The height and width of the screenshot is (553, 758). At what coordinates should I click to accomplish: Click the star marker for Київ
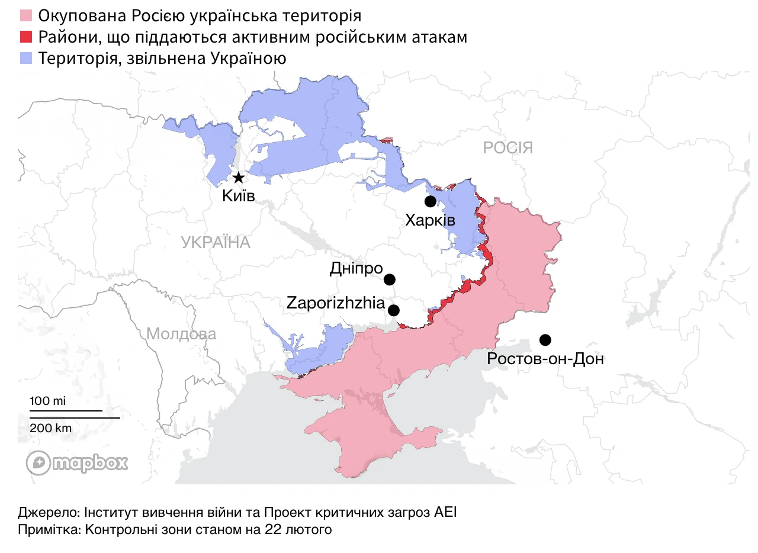coord(239,178)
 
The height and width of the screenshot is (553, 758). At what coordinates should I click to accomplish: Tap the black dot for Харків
coord(431,201)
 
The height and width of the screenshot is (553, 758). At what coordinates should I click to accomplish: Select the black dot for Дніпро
coord(390,279)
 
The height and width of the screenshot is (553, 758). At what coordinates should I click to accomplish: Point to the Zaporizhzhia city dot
coord(394,310)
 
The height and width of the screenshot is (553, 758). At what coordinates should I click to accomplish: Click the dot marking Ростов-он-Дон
coord(545,340)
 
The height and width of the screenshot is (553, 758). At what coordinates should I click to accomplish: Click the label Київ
coord(238,195)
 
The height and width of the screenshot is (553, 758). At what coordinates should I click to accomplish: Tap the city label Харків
coord(430,221)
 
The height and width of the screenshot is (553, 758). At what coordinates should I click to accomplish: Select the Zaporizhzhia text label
coord(335,303)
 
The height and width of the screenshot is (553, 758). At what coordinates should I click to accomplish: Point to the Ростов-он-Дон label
coord(545,358)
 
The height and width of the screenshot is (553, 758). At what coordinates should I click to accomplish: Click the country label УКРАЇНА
coord(216,243)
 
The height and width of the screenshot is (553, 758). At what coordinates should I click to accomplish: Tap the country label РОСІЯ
coord(508,147)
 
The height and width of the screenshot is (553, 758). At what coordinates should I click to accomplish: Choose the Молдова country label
coord(181,334)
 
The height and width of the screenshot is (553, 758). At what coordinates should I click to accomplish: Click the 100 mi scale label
coord(47,401)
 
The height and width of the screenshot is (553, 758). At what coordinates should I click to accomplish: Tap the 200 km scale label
coord(51,427)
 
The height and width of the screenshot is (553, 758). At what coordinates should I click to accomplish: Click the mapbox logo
coord(77,463)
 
